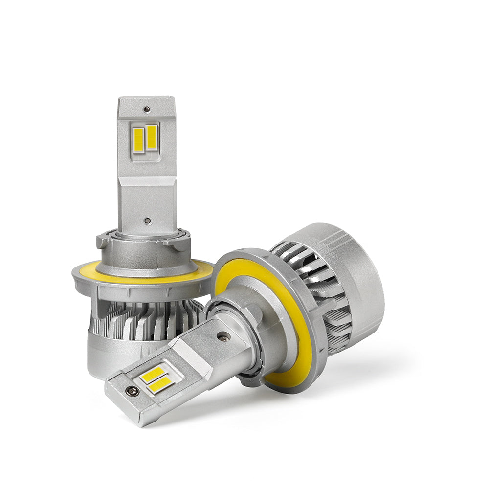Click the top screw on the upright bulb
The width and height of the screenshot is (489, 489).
coord(146,110)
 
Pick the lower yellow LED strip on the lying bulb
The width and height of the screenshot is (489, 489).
coord(161,385)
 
